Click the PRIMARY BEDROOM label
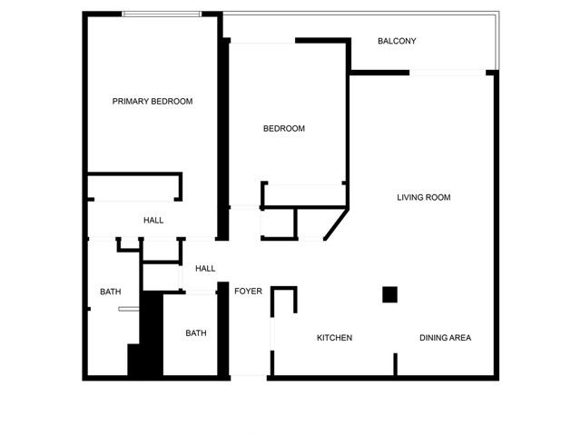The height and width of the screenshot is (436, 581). [153, 101]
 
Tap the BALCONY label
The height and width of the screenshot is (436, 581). [397, 42]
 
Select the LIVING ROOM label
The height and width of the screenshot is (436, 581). [424, 197]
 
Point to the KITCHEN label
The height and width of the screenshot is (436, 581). [334, 338]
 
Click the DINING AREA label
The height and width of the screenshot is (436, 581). [445, 338]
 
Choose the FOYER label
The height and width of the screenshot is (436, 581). [248, 292]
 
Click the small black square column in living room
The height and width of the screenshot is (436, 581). [389, 294]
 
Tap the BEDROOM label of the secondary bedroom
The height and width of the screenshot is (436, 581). [284, 129]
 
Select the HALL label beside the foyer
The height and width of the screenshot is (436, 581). [205, 269]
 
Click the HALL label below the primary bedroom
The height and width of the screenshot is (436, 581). [153, 221]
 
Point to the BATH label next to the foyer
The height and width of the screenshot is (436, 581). [196, 333]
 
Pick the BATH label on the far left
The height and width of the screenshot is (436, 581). [111, 292]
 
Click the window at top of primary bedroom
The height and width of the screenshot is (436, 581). [162, 14]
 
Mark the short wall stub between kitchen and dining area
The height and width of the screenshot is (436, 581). [395, 364]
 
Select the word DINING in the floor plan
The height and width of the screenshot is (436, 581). [432, 338]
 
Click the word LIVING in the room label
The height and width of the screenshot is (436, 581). [410, 197]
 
